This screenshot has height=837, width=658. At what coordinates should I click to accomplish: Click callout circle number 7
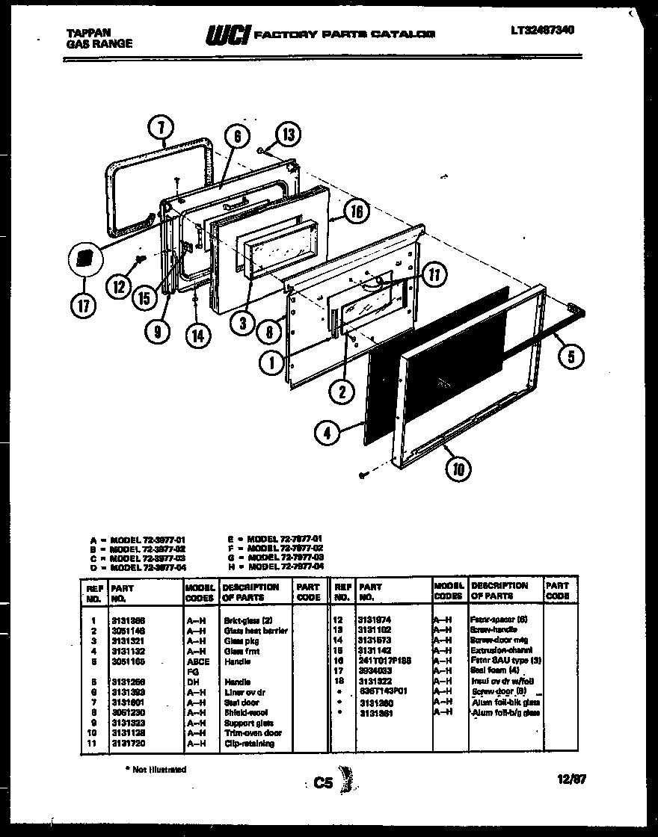(x=162, y=129)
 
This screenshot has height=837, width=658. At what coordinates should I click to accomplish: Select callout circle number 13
(x=287, y=135)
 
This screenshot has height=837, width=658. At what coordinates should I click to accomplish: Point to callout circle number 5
(x=571, y=356)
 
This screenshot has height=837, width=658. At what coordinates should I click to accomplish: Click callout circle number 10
(x=458, y=469)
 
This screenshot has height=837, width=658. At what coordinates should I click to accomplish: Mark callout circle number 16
(x=357, y=213)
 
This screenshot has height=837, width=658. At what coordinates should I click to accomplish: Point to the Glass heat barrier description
(x=255, y=631)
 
